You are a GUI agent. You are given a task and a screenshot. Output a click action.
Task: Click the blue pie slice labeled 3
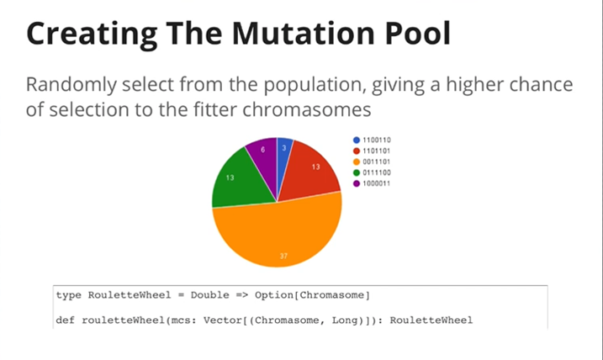point(284,152)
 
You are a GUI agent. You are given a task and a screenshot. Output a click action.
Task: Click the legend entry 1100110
point(372,140)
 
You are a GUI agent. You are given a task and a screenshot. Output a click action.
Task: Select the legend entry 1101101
point(372,151)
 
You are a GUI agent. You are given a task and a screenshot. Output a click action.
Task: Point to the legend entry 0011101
point(372,161)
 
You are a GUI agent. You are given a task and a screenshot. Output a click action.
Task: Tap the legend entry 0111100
point(372,172)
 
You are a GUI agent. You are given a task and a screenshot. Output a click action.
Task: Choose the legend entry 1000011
point(372,183)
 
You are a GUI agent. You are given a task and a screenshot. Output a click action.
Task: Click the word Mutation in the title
point(303,33)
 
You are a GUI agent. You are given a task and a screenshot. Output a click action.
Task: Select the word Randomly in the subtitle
point(71,86)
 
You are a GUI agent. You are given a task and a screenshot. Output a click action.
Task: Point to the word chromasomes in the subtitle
point(306,109)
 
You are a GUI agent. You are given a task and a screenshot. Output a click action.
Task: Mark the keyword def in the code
point(66,320)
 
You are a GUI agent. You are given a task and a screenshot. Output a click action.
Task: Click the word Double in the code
point(209,295)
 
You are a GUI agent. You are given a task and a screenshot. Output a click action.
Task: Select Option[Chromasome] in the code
point(312,295)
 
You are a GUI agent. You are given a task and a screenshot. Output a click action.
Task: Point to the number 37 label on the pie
point(283,257)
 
